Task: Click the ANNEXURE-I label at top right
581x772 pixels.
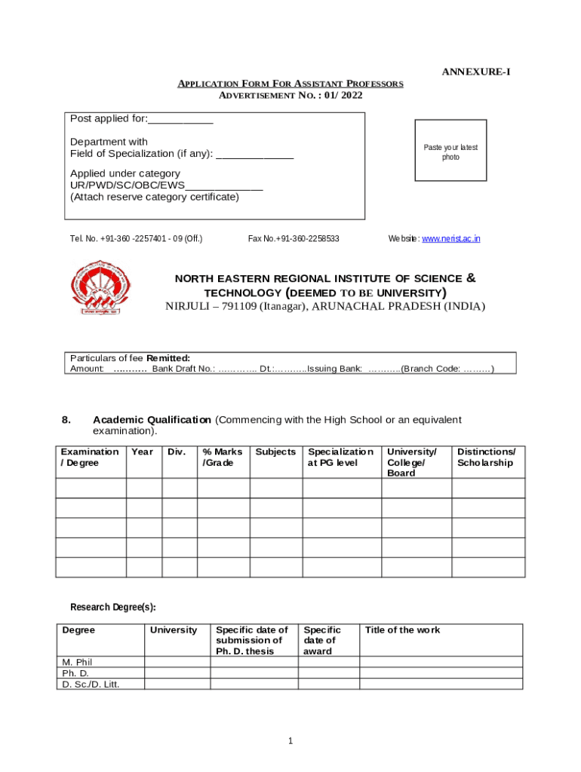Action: (x=475, y=72)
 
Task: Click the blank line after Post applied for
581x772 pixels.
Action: (x=181, y=120)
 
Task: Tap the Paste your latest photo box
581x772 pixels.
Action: (x=450, y=152)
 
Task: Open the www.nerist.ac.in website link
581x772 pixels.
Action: (x=450, y=239)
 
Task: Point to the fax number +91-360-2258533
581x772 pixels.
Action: (x=294, y=239)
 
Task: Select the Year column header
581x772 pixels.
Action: (x=142, y=452)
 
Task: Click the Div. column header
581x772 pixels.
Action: (x=177, y=452)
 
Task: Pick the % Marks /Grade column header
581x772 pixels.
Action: (x=223, y=457)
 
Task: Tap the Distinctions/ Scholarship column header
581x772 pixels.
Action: (x=487, y=457)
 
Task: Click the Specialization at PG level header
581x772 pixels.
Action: (x=340, y=457)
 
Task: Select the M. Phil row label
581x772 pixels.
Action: (x=77, y=662)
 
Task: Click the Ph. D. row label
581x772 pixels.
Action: (x=75, y=673)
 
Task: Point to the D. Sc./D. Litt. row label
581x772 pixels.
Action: (x=91, y=685)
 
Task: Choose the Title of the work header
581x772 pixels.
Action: (x=402, y=630)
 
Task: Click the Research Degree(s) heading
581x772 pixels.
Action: (x=112, y=607)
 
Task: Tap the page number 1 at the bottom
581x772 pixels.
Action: (x=290, y=741)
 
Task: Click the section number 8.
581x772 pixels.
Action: (x=66, y=420)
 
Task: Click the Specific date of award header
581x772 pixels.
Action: (x=321, y=640)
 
